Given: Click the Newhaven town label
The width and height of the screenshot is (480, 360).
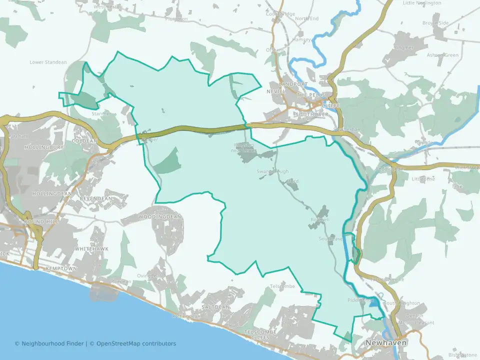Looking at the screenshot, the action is click(386, 343).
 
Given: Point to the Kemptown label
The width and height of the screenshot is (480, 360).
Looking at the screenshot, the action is click(61, 268).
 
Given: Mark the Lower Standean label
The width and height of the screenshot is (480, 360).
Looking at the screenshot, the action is click(48, 62).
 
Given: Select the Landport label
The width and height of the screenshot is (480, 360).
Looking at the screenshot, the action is click(294, 84).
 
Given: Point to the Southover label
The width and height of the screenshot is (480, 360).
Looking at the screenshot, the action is click(311, 114).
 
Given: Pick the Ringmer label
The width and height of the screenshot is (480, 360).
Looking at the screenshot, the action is click(404, 48).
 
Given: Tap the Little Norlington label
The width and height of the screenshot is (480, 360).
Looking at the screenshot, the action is click(422, 3).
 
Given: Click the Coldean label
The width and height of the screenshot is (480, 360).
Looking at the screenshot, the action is click(83, 141).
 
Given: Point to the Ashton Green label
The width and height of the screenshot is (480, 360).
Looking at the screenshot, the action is click(442, 55).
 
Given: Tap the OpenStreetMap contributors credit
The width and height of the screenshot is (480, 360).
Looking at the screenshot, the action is click(136, 343).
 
